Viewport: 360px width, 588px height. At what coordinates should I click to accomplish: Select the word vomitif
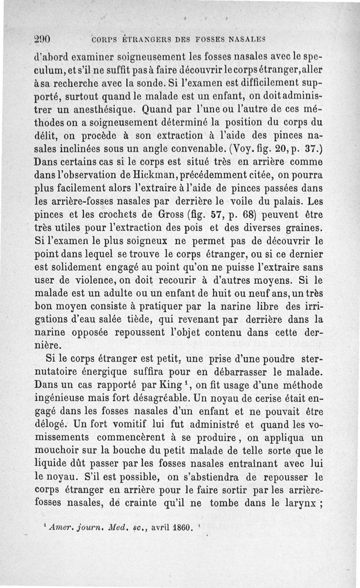click(x=125, y=424)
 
